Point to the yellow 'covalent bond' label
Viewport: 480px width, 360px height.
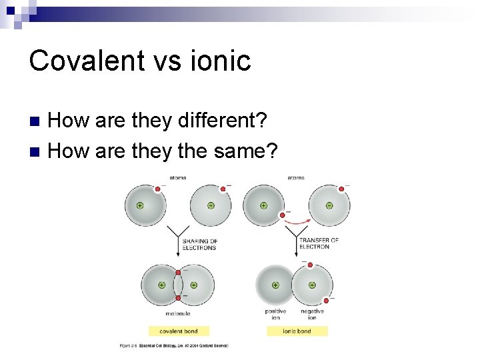179,331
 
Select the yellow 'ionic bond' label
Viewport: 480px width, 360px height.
297,331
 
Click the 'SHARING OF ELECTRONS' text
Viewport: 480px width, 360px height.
199,244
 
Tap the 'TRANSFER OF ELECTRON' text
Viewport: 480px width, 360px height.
318,243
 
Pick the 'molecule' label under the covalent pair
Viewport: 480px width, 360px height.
178,313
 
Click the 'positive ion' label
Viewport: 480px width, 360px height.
275,314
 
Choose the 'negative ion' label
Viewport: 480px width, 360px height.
311,314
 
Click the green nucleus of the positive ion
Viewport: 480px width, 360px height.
275,285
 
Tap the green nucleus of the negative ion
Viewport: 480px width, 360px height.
312,285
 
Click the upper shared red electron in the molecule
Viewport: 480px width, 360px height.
178,273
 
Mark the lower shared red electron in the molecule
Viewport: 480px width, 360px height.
178,297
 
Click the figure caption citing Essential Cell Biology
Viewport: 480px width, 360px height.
174,345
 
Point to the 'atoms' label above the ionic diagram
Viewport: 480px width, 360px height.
296,178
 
